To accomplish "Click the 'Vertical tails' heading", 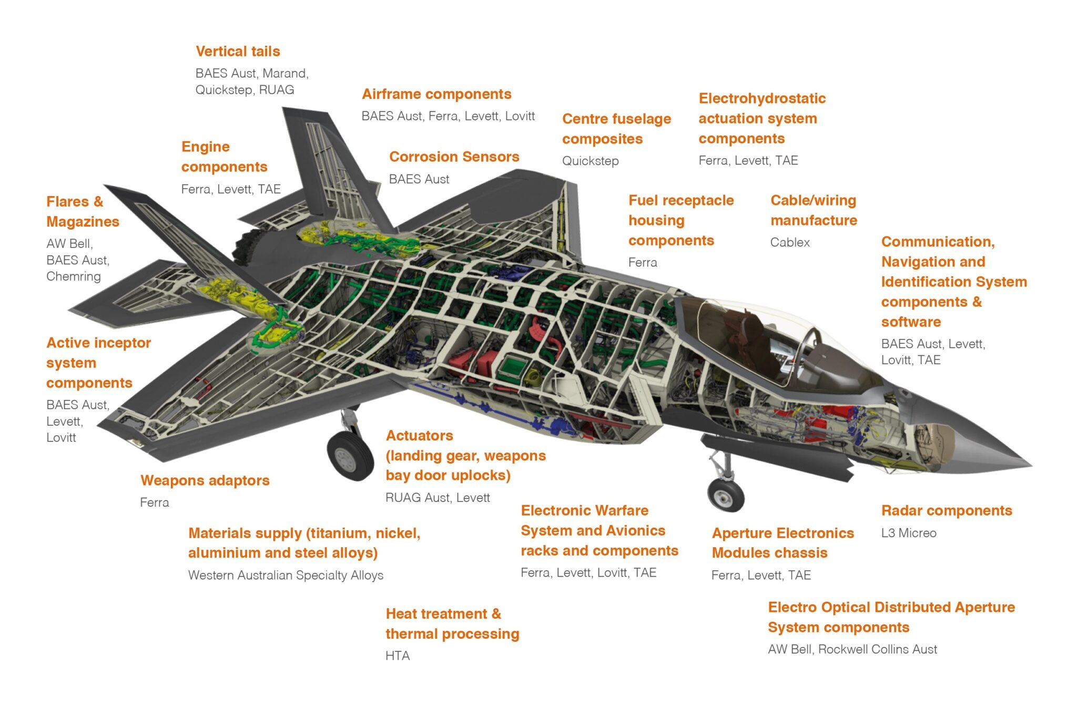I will coord(238,52).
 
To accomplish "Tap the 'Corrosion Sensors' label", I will coord(454,157).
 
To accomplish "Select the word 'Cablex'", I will coord(790,242).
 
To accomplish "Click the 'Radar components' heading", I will coord(947,510).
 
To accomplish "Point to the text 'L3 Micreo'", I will coord(909,533).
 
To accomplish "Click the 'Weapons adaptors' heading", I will coord(205,480).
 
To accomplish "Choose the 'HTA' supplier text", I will coord(398,656).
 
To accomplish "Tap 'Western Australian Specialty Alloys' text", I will coord(286,575).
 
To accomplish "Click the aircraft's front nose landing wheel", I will coord(726,494).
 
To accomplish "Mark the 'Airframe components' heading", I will coord(436,94).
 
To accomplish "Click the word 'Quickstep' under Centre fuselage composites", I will coord(590,161).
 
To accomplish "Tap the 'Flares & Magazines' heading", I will coord(83,211).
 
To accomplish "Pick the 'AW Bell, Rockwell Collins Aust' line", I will coord(852,649).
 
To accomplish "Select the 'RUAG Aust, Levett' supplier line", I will coord(438,498).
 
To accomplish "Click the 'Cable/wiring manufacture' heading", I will coord(814,210).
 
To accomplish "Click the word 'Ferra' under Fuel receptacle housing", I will coord(643,262).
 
